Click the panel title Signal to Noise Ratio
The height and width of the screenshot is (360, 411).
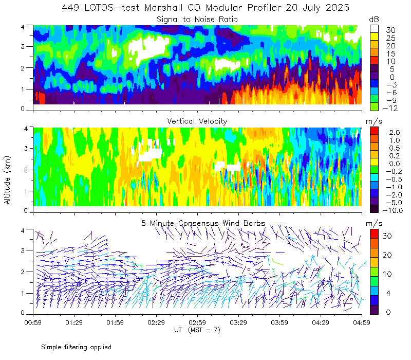click(197, 20)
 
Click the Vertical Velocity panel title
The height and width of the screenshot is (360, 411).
click(197, 121)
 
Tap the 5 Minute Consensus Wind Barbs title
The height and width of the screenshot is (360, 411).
click(203, 223)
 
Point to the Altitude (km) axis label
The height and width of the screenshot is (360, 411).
click(7, 180)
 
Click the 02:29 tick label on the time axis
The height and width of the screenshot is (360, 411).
click(156, 322)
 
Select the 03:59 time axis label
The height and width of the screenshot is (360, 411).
click(279, 322)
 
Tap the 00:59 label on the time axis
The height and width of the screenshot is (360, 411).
click(33, 322)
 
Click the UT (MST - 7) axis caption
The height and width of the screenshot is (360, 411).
click(197, 330)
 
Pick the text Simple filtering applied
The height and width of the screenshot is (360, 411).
click(76, 347)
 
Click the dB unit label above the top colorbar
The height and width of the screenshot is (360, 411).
click(374, 20)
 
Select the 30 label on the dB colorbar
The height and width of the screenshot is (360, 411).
click(390, 30)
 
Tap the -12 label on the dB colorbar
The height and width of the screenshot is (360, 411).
click(390, 108)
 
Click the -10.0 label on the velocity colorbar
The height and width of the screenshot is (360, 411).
click(393, 210)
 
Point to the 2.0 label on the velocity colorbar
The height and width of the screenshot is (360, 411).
click(395, 133)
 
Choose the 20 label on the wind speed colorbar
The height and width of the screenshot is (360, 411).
click(387, 255)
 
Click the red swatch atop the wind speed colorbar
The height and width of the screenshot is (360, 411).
click(374, 234)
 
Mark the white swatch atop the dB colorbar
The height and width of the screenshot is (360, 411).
click(374, 29)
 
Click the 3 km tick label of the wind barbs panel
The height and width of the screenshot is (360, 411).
click(23, 250)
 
